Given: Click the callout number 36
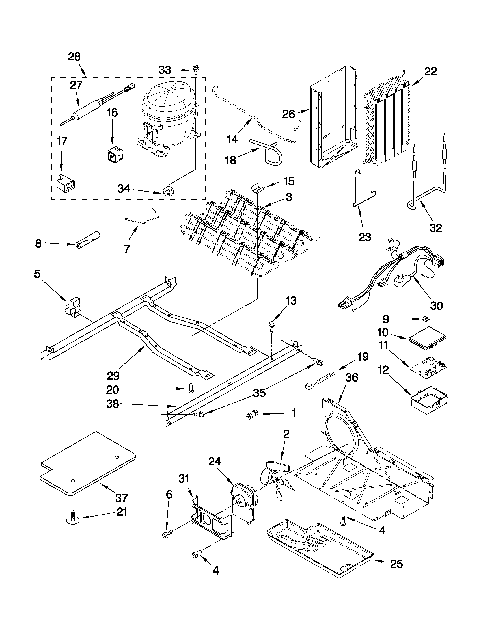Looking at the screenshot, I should tap(351, 378).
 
